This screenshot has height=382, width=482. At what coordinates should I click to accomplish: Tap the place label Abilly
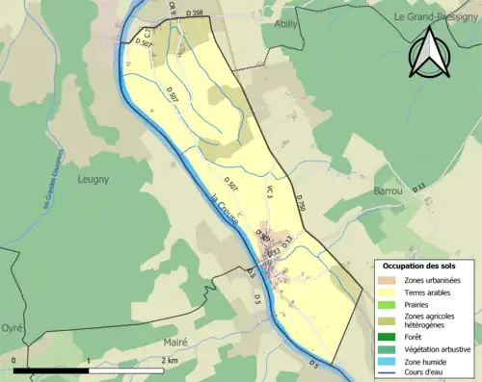click(x=286, y=23)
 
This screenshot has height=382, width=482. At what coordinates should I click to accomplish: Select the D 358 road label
click(x=192, y=13)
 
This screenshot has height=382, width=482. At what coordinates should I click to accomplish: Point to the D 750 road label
click(x=301, y=203)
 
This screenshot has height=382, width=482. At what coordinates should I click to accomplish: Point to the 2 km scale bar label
click(x=170, y=360)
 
